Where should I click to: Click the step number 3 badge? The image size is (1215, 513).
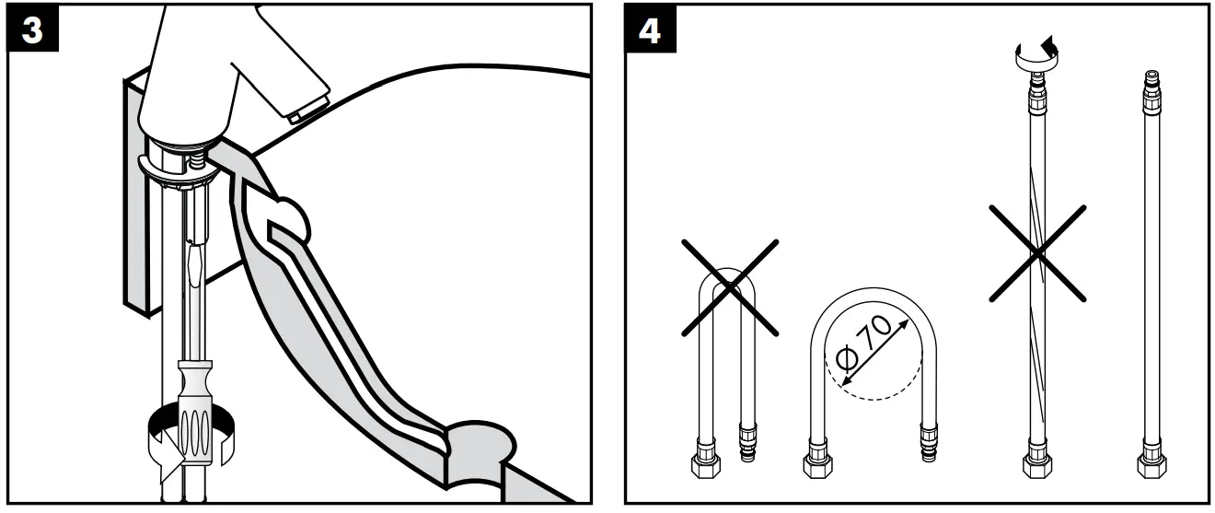pyautogui.click(x=31, y=29)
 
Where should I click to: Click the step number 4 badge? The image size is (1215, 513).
pyautogui.click(x=650, y=29)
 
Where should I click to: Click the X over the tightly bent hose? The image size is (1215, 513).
pyautogui.click(x=730, y=286)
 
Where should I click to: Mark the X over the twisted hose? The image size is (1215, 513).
pyautogui.click(x=1037, y=253)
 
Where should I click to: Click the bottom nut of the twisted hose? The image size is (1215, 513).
pyautogui.click(x=1037, y=461)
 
